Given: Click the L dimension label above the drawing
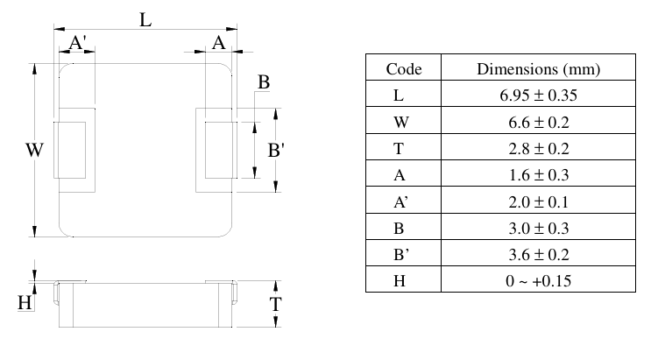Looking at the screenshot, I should click(x=146, y=18).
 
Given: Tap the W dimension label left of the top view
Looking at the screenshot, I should click(x=34, y=151).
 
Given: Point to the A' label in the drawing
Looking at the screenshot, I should click(x=76, y=43).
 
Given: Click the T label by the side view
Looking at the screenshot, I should click(x=275, y=306).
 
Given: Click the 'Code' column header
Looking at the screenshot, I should click(x=404, y=68).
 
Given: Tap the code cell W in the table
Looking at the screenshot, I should click(x=404, y=121).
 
